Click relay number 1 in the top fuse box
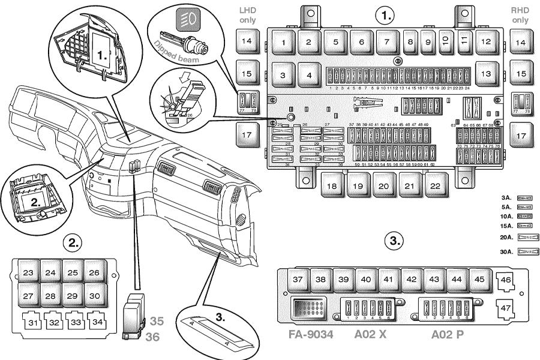[x=283, y=43]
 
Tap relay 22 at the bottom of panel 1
[x=435, y=186]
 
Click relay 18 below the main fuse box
[x=332, y=186]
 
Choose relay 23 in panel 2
[x=28, y=273]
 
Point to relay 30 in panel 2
[x=94, y=296]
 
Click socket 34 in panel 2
[x=94, y=322]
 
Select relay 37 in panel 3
[x=298, y=280]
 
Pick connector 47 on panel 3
[x=506, y=310]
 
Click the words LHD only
[x=247, y=15]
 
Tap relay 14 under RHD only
[x=521, y=43]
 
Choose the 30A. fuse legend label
[x=506, y=253]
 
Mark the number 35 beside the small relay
[x=156, y=320]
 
